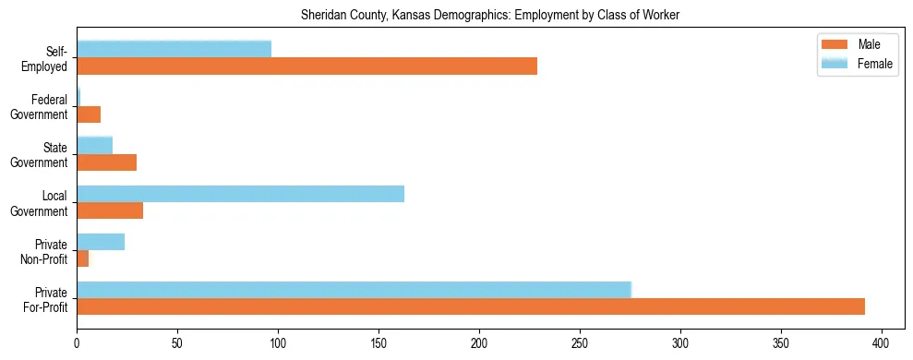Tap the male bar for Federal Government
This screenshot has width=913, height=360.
[89, 114]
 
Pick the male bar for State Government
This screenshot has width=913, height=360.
[106, 162]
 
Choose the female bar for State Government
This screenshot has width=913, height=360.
[94, 145]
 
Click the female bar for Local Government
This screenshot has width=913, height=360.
[240, 193]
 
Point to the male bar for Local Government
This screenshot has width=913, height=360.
[110, 210]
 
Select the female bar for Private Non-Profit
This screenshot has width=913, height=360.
[101, 241]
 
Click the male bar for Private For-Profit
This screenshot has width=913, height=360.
[471, 306]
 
